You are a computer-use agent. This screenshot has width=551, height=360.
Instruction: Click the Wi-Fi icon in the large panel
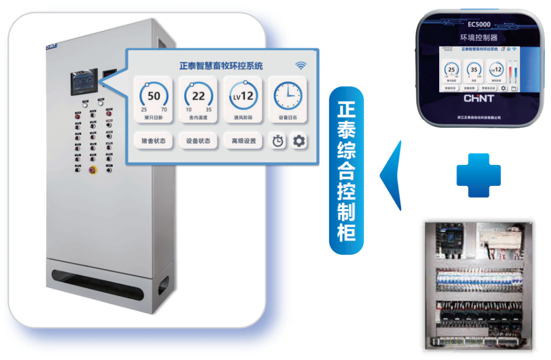pyautogui.click(x=301, y=65)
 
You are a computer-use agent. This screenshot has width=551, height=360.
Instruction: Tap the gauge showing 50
pyautogui.click(x=154, y=95)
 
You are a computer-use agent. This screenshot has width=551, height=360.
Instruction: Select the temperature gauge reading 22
pyautogui.click(x=198, y=95)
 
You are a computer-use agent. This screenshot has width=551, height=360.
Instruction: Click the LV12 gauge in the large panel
pyautogui.click(x=243, y=95)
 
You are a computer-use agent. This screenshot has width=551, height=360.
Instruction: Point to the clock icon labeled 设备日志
pyautogui.click(x=288, y=95)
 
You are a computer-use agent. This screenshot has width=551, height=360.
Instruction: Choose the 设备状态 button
pyautogui.click(x=198, y=141)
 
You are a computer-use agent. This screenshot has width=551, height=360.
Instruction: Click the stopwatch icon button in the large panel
pyautogui.click(x=278, y=141)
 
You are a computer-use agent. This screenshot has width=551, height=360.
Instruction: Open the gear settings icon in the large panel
pyautogui.click(x=299, y=141)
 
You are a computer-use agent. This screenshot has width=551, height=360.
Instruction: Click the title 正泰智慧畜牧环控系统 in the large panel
pyautogui.click(x=221, y=66)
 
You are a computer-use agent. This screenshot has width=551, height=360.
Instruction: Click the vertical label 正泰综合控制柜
pyautogui.click(x=346, y=171)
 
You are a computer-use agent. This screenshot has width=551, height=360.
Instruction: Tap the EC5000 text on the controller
pyautogui.click(x=479, y=24)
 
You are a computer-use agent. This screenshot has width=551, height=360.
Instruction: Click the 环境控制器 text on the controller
pyautogui.click(x=479, y=37)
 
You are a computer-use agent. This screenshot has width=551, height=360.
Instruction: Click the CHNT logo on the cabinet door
pyautogui.click(x=52, y=46)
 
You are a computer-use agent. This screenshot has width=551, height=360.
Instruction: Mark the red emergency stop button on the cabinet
pyautogui.click(x=93, y=170)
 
